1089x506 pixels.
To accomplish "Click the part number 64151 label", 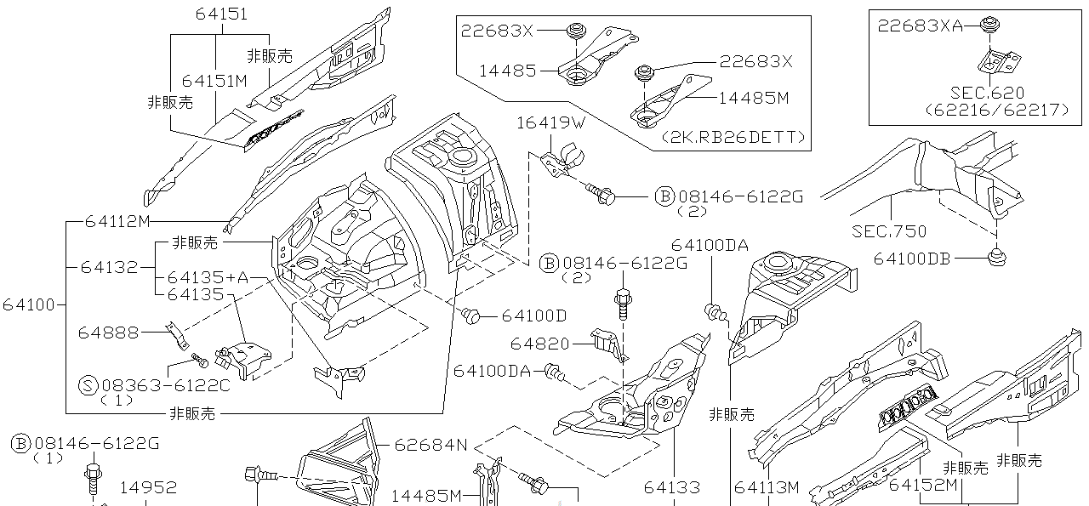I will [221, 14].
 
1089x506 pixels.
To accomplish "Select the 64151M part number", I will [214, 81].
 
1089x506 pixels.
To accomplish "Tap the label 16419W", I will [550, 123].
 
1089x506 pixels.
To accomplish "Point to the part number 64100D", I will [533, 316].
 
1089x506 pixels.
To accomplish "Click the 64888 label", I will [108, 332].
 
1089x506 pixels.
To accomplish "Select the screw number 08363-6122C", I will [166, 385].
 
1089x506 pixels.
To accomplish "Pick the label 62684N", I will [430, 444].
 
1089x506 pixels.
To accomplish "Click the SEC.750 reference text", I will [889, 230].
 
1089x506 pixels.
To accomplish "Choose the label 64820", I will [539, 344].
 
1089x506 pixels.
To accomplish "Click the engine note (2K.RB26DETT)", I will [733, 137].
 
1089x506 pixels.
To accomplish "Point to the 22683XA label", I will [921, 26].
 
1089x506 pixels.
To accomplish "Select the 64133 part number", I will [671, 487].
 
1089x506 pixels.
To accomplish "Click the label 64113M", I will [767, 487].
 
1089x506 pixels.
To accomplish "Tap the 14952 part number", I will [148, 487].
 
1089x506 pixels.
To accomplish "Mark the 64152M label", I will [924, 486].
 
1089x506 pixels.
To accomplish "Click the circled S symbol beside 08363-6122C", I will [88, 385].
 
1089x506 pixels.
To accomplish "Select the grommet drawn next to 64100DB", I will [997, 255].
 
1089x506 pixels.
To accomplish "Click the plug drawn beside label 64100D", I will [470, 316].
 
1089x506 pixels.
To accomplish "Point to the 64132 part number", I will [109, 267].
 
